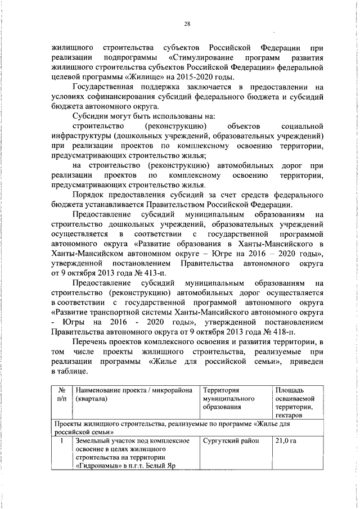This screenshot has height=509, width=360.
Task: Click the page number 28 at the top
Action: click(x=187, y=24)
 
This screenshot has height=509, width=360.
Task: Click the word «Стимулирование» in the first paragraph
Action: click(x=200, y=58)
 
